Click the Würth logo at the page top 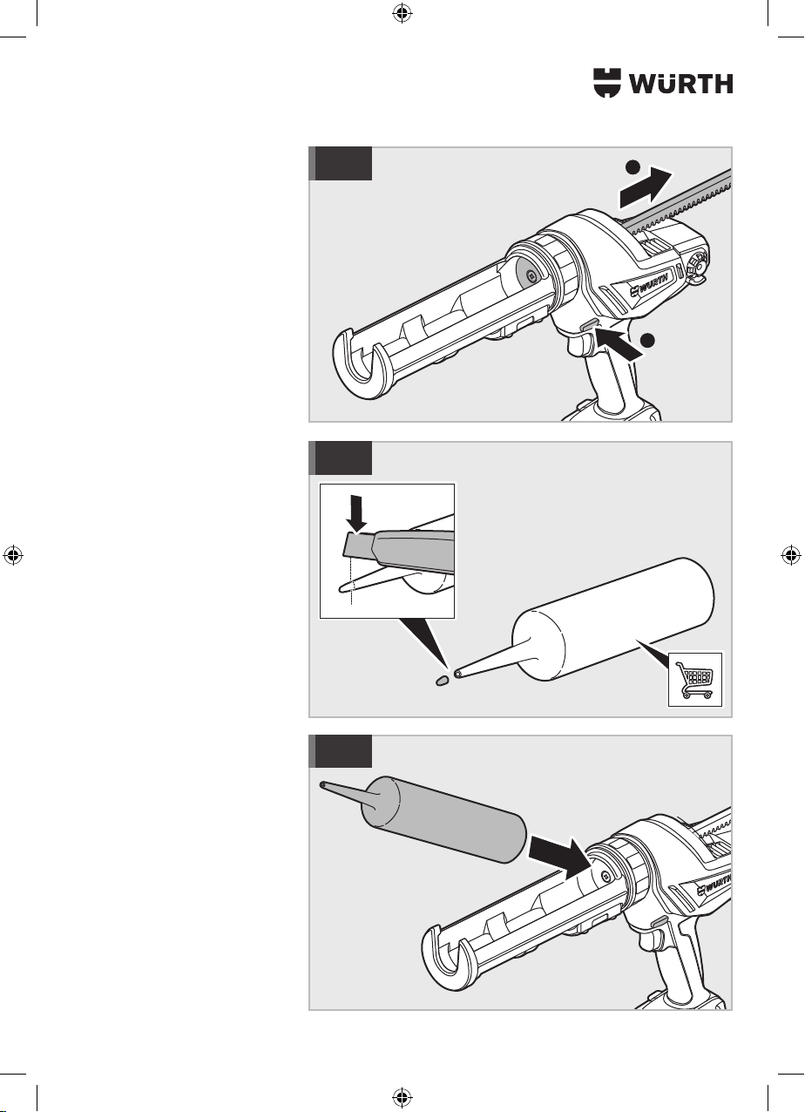click(663, 83)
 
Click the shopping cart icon click(695, 679)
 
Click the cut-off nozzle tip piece click(441, 680)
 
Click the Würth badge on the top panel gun click(650, 286)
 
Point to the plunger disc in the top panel click(531, 275)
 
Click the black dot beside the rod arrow click(632, 167)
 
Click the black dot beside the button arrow click(647, 340)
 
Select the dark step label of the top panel click(341, 163)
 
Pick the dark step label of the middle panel click(341, 458)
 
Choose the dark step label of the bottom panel click(341, 751)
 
